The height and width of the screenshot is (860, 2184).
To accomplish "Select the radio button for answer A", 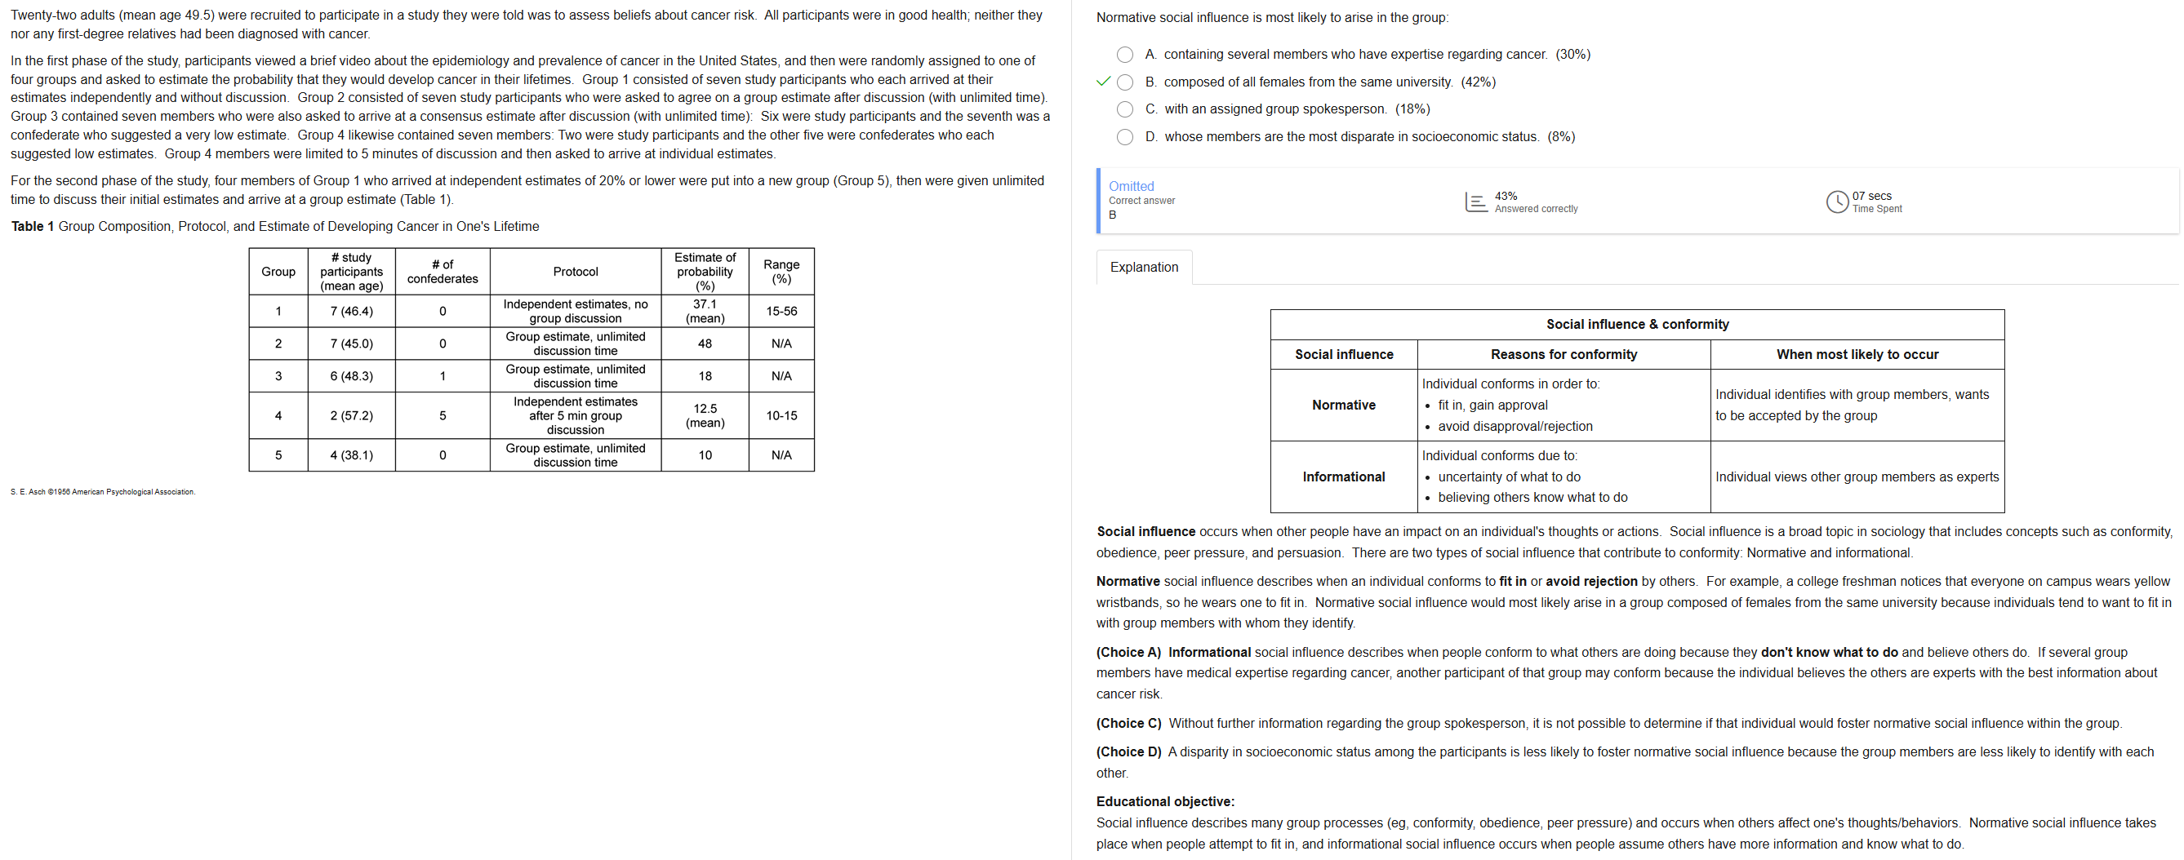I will tap(1124, 55).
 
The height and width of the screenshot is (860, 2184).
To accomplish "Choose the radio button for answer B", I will tap(1124, 82).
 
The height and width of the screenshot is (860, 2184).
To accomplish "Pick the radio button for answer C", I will tap(1124, 109).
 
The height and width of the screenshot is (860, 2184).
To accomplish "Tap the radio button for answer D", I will tap(1124, 137).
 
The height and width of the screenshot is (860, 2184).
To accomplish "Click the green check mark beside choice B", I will tap(1103, 82).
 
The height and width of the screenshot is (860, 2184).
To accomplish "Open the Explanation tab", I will tap(1144, 268).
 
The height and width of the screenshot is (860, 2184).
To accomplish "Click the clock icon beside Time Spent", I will tap(1836, 202).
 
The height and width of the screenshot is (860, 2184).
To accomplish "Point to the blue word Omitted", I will tap(1131, 186).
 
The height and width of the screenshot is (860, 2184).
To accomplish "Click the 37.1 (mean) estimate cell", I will tap(705, 311).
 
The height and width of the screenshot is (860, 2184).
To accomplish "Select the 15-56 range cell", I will tap(781, 311).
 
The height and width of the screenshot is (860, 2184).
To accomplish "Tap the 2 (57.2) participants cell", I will tap(351, 415).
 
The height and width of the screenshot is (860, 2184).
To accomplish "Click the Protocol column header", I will tap(575, 272).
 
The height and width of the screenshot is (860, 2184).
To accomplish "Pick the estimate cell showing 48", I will tap(705, 344).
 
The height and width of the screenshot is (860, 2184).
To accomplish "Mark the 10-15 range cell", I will tap(781, 415).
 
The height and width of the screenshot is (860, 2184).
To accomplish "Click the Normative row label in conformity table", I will tap(1343, 405).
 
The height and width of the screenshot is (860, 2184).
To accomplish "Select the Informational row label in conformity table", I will tap(1343, 477).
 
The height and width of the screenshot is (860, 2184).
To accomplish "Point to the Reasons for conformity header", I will tap(1563, 355).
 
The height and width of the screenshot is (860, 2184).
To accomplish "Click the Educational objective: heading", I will tap(1165, 801).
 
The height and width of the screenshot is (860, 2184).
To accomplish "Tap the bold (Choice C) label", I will tap(1128, 724).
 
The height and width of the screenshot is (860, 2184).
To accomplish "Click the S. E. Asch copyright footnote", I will tap(103, 492).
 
